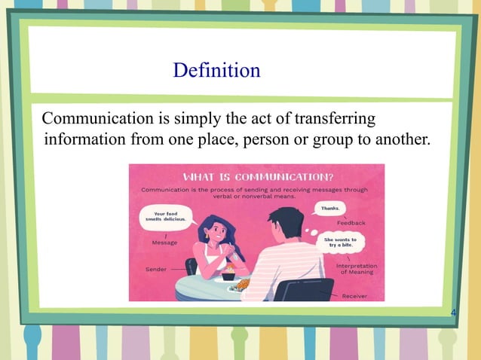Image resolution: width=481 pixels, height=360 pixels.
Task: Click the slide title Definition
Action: (x=216, y=71)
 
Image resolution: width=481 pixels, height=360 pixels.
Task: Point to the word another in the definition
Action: (x=398, y=140)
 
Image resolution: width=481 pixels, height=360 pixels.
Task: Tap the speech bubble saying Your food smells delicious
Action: (x=165, y=218)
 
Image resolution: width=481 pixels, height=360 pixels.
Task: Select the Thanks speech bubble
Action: (x=329, y=207)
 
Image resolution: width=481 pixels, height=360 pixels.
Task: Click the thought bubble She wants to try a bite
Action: (x=340, y=241)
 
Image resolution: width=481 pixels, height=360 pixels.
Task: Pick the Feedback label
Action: (x=351, y=223)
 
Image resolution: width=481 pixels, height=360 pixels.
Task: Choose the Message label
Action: (x=165, y=243)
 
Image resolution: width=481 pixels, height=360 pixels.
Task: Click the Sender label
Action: (x=156, y=269)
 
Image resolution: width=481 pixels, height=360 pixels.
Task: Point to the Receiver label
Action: (x=354, y=296)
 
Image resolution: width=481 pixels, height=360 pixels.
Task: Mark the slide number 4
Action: (x=452, y=311)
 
